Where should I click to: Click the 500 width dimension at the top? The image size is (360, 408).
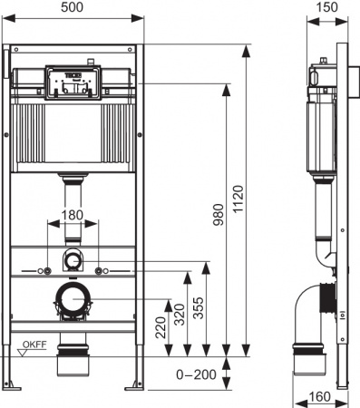(x=74, y=7)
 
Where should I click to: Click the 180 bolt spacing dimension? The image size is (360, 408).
(x=74, y=216)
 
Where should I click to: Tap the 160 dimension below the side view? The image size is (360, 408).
(x=317, y=395)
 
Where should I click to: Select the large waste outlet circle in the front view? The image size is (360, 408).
(x=73, y=299)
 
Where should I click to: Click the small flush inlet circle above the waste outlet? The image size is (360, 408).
(x=73, y=260)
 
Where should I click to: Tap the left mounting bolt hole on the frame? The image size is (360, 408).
(x=44, y=270)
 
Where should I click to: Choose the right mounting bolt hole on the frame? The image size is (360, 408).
(x=103, y=270)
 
